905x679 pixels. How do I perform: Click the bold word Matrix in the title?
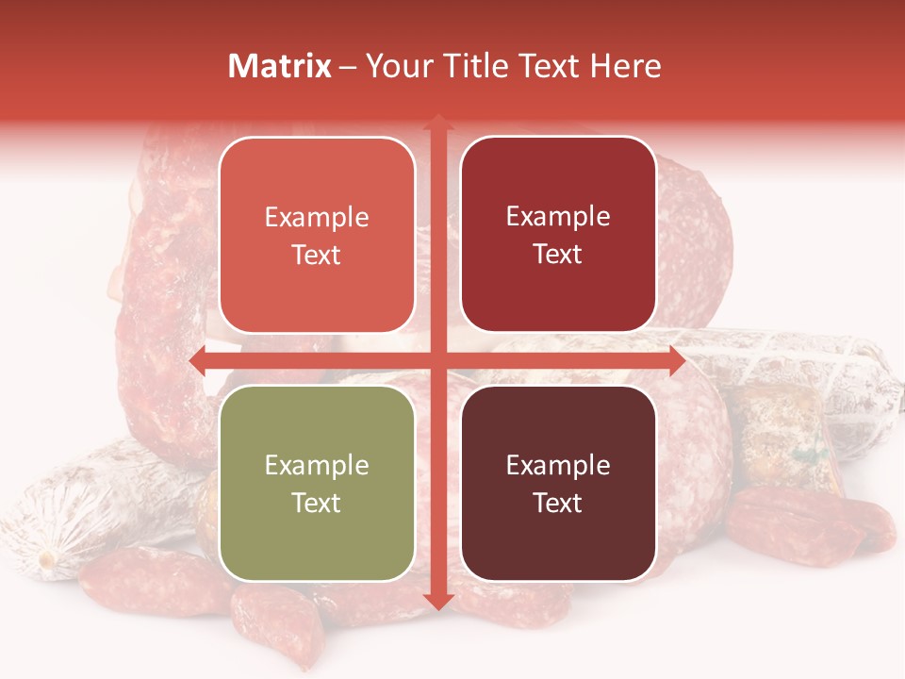[x=280, y=66]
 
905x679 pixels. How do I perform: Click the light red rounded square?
[x=317, y=235]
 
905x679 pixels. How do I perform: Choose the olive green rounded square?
[x=317, y=483]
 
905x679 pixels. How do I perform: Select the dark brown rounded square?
[x=558, y=483]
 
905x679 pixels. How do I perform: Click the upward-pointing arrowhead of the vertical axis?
[x=437, y=123]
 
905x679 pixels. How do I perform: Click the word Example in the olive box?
[x=317, y=465]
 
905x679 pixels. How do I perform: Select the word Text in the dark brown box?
[x=558, y=503]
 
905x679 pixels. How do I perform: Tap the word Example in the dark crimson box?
[x=558, y=216]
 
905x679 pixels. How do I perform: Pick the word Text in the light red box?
[x=317, y=255]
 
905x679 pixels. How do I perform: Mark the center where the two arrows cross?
[x=437, y=361]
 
